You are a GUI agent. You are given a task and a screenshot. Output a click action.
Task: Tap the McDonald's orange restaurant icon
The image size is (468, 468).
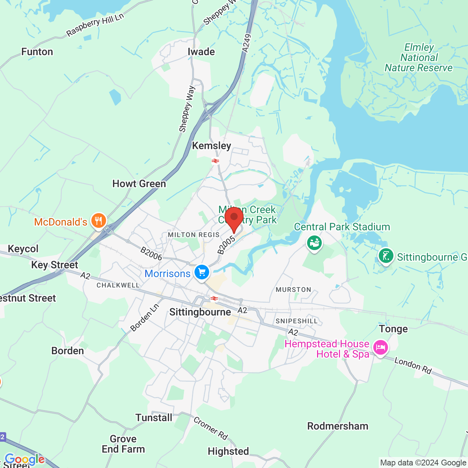[x=98, y=221]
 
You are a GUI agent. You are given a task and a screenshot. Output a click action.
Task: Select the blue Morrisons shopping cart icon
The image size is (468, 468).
[x=201, y=273]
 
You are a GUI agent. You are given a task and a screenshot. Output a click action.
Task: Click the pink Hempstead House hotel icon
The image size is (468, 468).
[x=381, y=347]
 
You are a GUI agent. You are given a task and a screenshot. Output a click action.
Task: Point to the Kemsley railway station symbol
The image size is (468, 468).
[x=215, y=161]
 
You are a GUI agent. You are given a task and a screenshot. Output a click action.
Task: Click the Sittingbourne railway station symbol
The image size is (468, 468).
[x=214, y=299]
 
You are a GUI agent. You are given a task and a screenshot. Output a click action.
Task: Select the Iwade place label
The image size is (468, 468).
[x=201, y=52]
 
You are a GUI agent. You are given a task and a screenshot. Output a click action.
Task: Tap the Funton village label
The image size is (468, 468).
[x=37, y=52]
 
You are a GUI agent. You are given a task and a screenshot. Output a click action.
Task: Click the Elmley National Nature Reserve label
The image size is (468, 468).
[x=419, y=58]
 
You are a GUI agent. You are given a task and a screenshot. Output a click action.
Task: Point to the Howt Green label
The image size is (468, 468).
[x=139, y=184]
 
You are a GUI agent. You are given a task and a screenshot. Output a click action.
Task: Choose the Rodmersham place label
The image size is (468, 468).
[x=337, y=426]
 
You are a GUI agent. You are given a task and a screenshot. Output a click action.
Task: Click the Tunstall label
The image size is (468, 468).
[x=154, y=418]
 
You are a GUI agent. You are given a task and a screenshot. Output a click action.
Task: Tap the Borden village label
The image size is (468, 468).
[x=68, y=351]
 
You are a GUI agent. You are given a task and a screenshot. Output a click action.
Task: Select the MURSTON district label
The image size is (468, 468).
[x=293, y=290]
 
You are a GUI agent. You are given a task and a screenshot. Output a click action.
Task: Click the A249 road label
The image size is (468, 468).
[x=247, y=43]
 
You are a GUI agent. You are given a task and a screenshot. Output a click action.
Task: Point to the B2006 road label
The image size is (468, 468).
[x=151, y=254]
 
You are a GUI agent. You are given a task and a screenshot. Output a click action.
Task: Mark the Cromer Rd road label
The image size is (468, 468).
[x=211, y=428]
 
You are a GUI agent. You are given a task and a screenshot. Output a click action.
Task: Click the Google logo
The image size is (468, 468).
[x=24, y=459]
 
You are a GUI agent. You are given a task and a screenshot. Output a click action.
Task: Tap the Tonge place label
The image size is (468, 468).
[x=393, y=329]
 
